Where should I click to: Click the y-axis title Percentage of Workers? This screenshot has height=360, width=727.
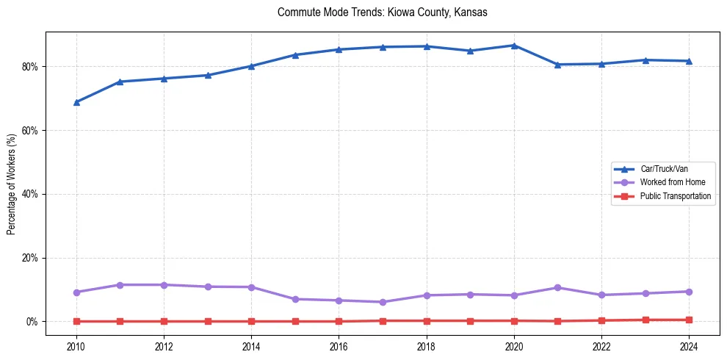click(11, 184)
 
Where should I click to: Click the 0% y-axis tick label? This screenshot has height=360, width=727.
click(32, 322)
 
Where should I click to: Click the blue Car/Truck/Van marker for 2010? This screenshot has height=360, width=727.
click(76, 102)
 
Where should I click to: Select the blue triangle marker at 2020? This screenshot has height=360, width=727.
click(514, 46)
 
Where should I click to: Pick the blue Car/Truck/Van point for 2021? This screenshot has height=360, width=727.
click(557, 65)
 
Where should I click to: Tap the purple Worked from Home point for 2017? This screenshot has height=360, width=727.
click(383, 302)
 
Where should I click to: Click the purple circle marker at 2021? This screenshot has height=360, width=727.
click(557, 288)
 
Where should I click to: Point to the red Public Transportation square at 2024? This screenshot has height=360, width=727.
click(689, 320)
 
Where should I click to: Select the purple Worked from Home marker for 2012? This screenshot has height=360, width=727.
click(164, 285)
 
